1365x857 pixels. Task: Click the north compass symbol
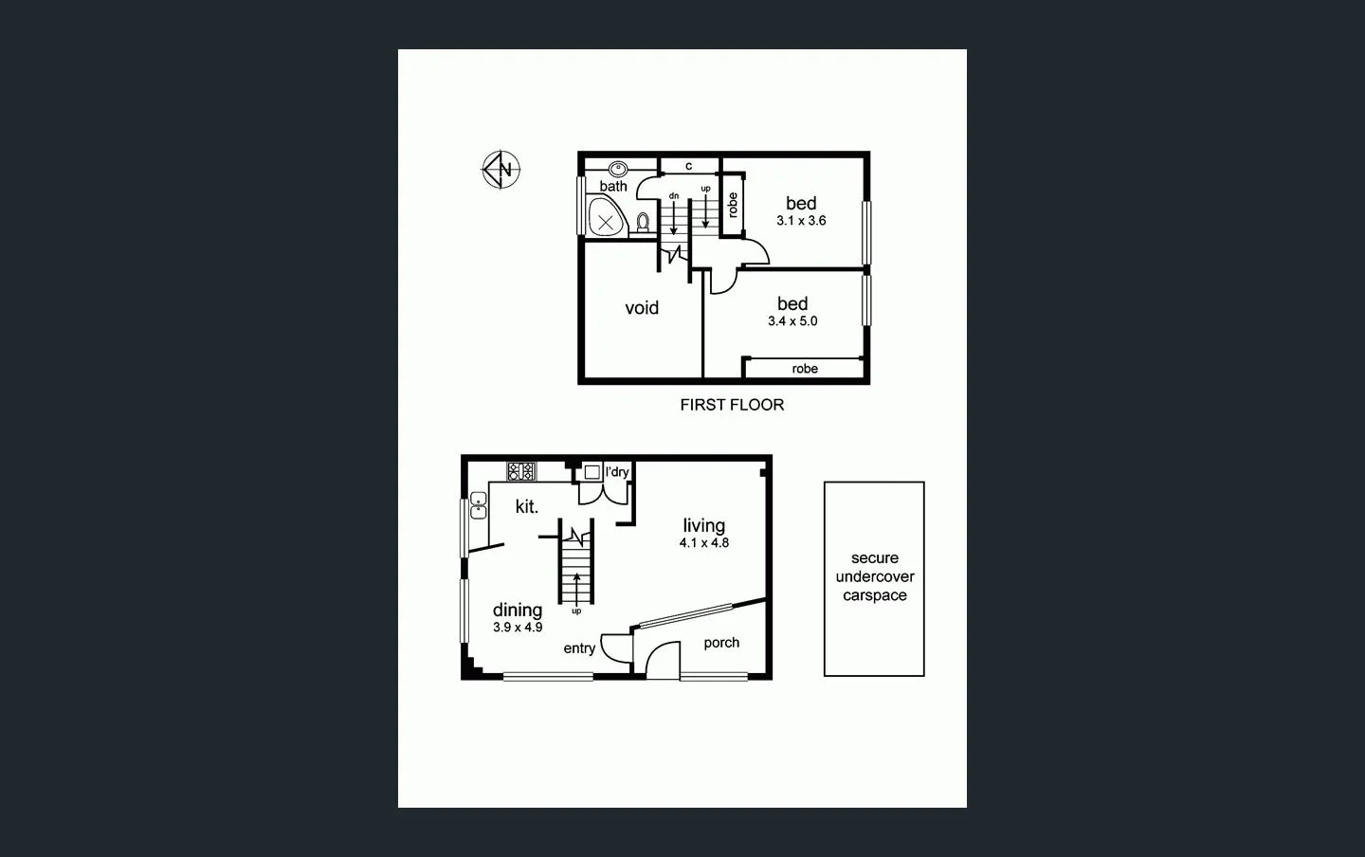[x=500, y=171]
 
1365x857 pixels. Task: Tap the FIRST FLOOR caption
[x=732, y=405]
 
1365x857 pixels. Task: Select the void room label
[x=642, y=308]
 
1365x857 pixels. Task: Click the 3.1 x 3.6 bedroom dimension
[x=801, y=221]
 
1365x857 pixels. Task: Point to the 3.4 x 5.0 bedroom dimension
[x=792, y=321]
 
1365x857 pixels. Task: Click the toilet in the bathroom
[x=643, y=222]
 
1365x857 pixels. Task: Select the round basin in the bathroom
[x=618, y=170]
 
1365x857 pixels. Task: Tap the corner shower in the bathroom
[x=605, y=219]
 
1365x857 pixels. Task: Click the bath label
[x=613, y=187]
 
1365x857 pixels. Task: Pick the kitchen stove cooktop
[x=521, y=471]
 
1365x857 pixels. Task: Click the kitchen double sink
[x=478, y=506]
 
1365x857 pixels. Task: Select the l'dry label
[x=617, y=472]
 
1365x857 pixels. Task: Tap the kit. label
[x=527, y=507]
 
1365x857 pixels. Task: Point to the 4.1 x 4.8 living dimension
[x=703, y=543]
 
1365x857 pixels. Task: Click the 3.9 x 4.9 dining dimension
[x=518, y=628]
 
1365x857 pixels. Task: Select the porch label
[x=721, y=643]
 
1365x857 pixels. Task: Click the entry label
[x=579, y=648]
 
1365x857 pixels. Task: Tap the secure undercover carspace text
[x=874, y=576]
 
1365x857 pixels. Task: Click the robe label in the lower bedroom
[x=805, y=369]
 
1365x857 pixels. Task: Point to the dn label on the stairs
[x=674, y=196]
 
